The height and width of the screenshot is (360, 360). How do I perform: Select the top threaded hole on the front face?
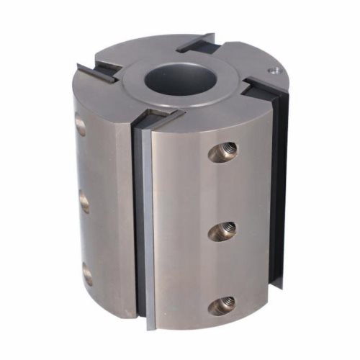pyautogui.click(x=222, y=150)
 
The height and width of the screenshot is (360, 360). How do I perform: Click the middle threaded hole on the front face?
pyautogui.click(x=222, y=230)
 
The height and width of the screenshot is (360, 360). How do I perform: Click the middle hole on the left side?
pyautogui.click(x=84, y=203)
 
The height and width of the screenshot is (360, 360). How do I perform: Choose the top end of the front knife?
pyautogui.click(x=155, y=117)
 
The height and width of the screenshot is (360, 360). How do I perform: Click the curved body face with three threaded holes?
pyautogui.click(x=209, y=216)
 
